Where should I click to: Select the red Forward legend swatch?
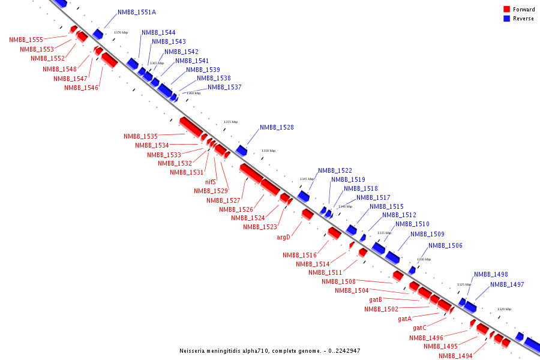506,9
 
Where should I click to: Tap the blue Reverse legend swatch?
506,19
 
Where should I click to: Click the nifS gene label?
210,182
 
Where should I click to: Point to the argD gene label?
283,237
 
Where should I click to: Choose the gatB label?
376,299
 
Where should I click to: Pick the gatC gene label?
419,328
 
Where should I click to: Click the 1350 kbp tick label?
268,151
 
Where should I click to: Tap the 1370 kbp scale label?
121,32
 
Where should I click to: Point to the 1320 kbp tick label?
504,309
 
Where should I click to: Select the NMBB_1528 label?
277,127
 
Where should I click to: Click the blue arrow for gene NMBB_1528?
242,150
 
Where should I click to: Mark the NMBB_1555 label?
26,40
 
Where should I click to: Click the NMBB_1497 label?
507,284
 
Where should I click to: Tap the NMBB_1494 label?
455,356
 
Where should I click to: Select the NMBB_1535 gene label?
140,136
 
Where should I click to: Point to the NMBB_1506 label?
445,245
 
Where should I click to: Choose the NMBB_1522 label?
335,170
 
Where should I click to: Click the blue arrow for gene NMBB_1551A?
97,34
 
